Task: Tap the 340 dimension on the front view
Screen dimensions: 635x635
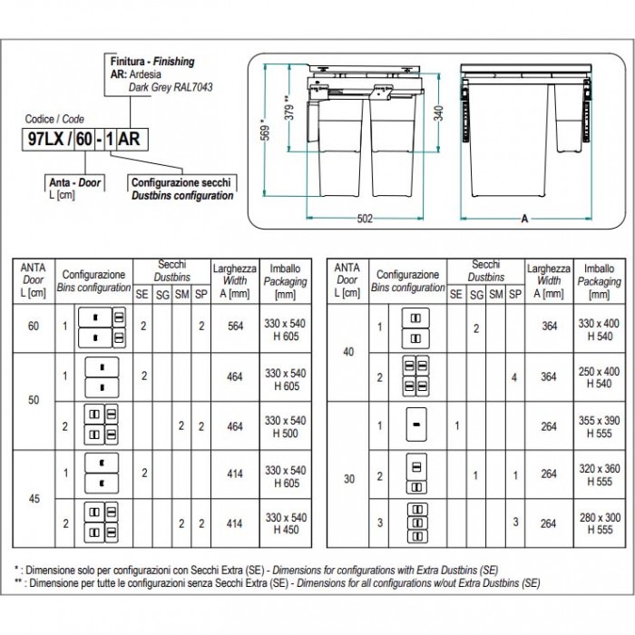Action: [x=438, y=114]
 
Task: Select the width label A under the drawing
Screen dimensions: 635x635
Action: [x=525, y=218]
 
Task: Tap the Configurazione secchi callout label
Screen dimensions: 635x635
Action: [x=182, y=182]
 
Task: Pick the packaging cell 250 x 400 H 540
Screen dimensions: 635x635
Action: [x=599, y=376]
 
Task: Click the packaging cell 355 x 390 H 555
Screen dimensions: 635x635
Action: [x=599, y=425]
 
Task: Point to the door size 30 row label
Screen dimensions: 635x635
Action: [x=349, y=474]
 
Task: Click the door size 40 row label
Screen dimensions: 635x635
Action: [x=349, y=352]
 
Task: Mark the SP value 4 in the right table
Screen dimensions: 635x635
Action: [x=514, y=376]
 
